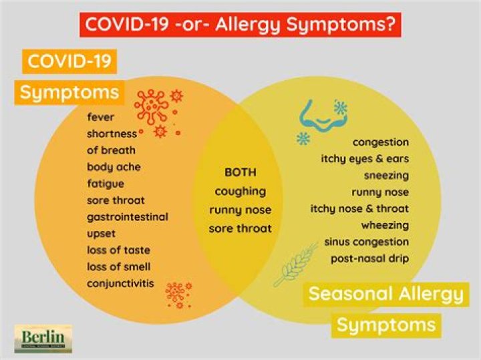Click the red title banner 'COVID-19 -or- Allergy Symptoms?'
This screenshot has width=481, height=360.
pos(240,24)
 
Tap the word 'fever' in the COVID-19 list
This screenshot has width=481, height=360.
pos(100,117)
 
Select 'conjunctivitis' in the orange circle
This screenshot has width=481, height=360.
pos(120,283)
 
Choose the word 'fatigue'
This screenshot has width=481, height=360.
pos(106,183)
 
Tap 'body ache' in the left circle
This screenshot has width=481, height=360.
pos(114,166)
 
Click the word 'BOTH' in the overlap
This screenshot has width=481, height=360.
pos(240,172)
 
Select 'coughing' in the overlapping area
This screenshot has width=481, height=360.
pos(240,191)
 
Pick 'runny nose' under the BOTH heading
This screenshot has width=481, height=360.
pos(240,210)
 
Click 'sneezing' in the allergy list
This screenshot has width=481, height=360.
pos(386,176)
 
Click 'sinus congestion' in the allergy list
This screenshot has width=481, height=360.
pos(367,241)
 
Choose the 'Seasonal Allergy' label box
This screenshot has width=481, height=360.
pos(385,294)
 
